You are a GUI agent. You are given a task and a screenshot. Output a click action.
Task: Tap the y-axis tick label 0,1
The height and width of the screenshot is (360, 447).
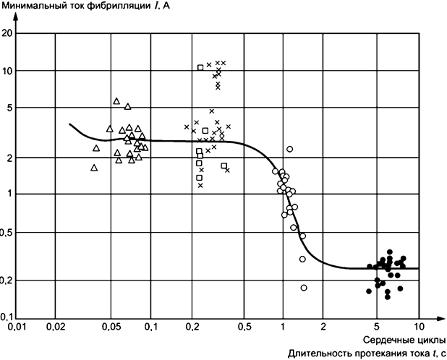[7, 317]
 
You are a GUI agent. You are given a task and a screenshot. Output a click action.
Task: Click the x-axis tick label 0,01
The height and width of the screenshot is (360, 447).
[16, 327]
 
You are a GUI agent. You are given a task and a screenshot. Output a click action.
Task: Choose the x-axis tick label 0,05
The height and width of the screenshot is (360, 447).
[110, 327]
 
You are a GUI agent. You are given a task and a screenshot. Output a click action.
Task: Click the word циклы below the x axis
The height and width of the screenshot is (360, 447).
[432, 340]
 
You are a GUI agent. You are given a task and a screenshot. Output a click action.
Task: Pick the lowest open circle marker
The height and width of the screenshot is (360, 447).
[304, 288]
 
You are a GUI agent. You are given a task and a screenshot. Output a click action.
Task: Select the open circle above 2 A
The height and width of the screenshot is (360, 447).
[289, 149]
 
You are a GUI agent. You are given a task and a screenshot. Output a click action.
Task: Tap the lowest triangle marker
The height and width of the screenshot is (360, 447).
[94, 168]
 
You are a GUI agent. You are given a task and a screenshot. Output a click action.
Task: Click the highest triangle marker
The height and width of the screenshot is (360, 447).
[116, 101]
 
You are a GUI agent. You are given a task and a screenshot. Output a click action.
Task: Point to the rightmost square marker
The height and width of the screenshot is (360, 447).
[224, 166]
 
